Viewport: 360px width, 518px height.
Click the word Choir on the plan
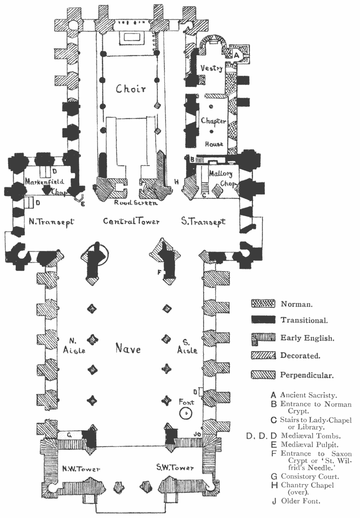click(x=131, y=89)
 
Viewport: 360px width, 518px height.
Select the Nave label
click(x=128, y=349)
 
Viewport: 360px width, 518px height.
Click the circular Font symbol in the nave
click(x=185, y=414)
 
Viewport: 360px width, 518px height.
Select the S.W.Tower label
click(x=175, y=469)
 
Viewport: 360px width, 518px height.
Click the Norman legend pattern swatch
click(x=263, y=304)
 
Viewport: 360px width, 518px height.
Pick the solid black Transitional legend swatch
click(x=263, y=319)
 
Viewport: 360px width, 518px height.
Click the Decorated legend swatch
click(x=263, y=356)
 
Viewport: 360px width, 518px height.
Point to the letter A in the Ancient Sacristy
click(x=237, y=56)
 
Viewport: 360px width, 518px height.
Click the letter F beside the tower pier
click(x=159, y=273)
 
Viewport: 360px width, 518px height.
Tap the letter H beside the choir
click(x=176, y=182)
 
